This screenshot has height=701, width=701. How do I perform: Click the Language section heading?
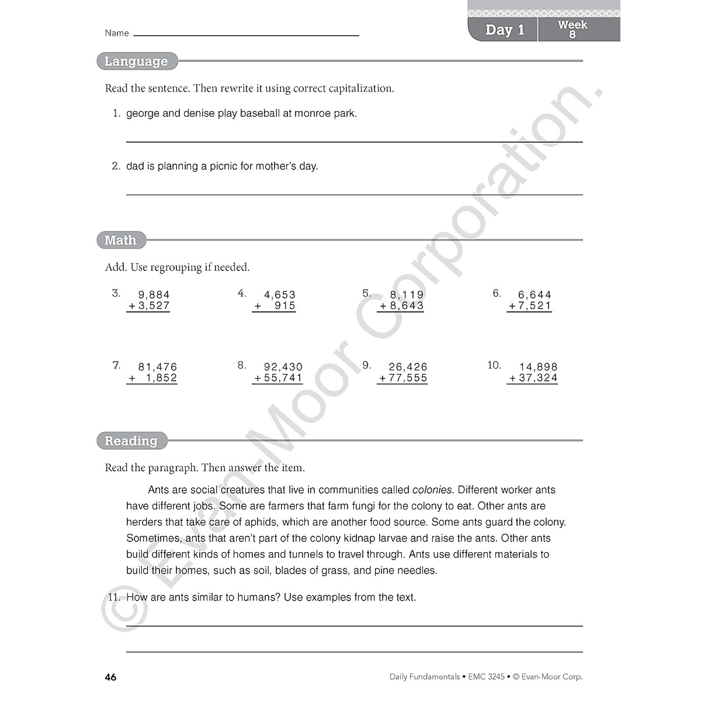136,61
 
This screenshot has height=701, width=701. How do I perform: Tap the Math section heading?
120,240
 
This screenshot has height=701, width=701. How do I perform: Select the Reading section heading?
131,441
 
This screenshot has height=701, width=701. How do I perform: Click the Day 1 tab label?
504,30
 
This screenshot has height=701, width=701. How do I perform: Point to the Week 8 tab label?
572,29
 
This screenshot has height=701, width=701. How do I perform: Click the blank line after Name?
246,35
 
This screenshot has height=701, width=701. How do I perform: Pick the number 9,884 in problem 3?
154,295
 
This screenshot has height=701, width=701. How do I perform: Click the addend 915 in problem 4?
285,306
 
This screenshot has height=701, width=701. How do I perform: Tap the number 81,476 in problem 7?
157,367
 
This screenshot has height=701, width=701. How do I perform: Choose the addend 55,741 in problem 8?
283,378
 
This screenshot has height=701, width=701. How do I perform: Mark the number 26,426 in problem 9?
408,367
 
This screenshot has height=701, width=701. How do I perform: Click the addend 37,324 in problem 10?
538,378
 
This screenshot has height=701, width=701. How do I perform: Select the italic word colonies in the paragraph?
432,490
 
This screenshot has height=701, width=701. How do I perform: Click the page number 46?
110,678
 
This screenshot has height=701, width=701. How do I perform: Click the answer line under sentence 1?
354,141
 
